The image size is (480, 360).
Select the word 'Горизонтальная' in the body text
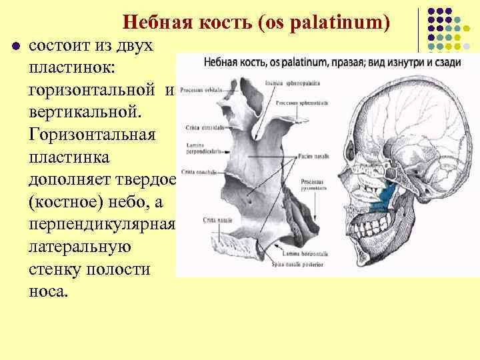[x=91, y=135]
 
